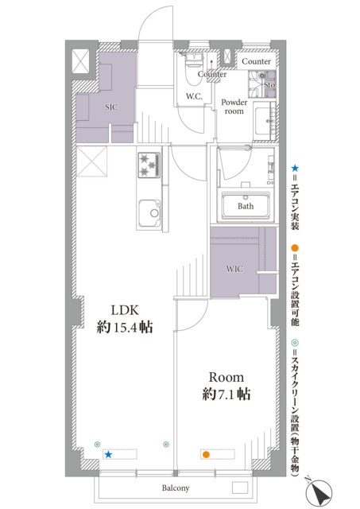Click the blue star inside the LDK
(x=108, y=454)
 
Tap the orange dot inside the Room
(x=205, y=454)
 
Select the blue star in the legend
(x=295, y=168)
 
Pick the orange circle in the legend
(x=295, y=248)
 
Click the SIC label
(x=111, y=107)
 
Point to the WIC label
(x=234, y=269)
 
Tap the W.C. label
(x=194, y=96)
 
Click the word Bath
(x=246, y=206)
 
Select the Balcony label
(x=176, y=488)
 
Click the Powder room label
(x=234, y=107)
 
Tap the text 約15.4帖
(x=125, y=327)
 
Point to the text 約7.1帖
(x=226, y=394)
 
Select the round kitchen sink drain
(x=154, y=213)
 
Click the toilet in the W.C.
(x=194, y=70)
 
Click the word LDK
(x=125, y=310)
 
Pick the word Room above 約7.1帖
(x=226, y=377)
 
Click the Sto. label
(x=270, y=85)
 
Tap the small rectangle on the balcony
(x=240, y=488)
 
